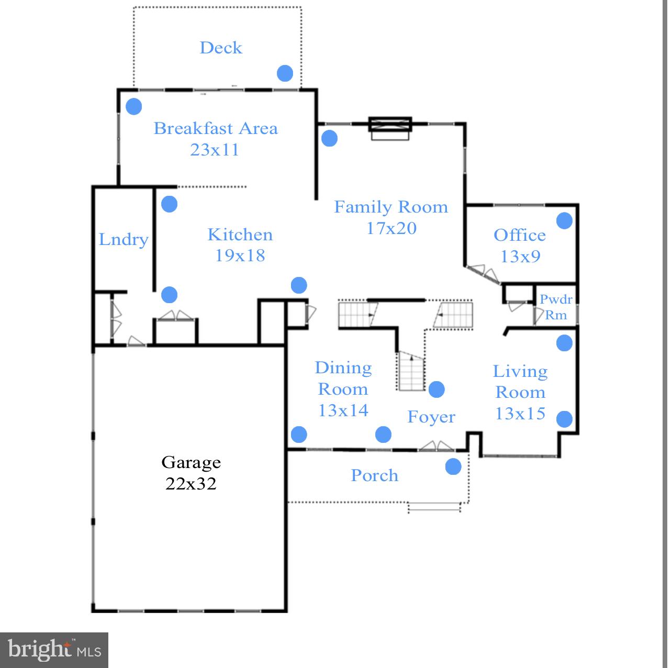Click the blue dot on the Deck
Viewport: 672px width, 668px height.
[x=285, y=73]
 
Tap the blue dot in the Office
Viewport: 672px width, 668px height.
[x=564, y=221]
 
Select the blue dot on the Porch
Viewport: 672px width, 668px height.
[x=453, y=466]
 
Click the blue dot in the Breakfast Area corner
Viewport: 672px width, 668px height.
[x=134, y=107]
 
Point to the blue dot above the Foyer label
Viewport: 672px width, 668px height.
[x=436, y=389]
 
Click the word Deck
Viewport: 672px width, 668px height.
[x=221, y=48]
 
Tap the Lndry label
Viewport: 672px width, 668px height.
[x=124, y=240]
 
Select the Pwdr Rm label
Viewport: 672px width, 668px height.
[x=556, y=307]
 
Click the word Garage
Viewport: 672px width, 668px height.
[x=191, y=462]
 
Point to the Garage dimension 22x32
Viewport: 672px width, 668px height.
[x=191, y=484]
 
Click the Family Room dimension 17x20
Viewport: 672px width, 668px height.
[x=391, y=228]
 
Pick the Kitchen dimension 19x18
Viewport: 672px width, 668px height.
[x=240, y=255]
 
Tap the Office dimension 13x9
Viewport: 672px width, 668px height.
[x=520, y=257]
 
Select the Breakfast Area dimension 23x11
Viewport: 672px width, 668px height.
[x=215, y=150]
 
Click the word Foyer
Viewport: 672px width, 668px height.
[x=431, y=417]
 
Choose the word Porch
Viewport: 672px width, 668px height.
[x=374, y=475]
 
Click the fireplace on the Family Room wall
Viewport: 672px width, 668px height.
[x=390, y=128]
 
